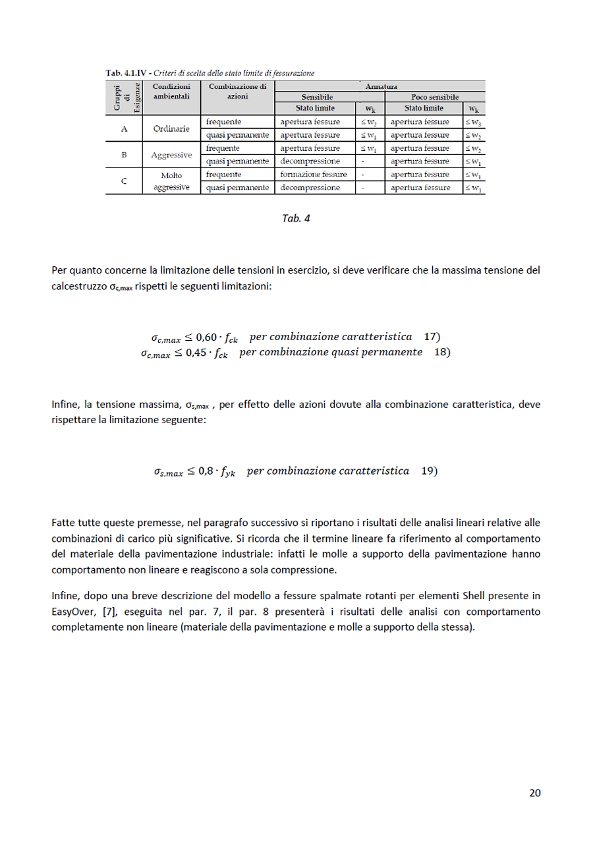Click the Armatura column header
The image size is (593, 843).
[381, 86]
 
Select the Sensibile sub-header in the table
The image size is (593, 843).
[317, 97]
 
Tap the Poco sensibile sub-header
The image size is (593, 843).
[435, 97]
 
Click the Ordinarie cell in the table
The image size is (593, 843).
[171, 129]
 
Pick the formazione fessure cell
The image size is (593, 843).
[314, 175]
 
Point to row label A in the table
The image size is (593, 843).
[124, 129]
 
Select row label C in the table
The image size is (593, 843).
[124, 181]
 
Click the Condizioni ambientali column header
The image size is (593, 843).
[171, 92]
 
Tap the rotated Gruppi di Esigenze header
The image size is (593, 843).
[124, 98]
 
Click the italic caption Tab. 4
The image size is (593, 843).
[296, 219]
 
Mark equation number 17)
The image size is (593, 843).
[432, 337]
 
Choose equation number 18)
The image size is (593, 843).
[442, 352]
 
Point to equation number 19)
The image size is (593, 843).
[429, 471]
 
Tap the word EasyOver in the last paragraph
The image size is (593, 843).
[73, 612]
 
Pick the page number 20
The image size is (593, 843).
[534, 793]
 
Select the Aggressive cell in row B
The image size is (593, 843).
[171, 155]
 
